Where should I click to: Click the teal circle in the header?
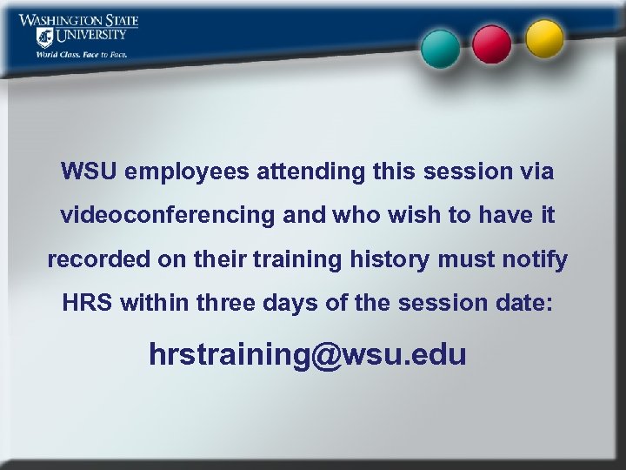point(441,48)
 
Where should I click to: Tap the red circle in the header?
point(492,42)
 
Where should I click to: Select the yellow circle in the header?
point(545,37)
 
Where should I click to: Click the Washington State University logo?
point(78,29)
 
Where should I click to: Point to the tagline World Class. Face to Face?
point(82,54)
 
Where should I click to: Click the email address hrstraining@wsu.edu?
point(308,354)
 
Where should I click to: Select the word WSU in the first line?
point(90,171)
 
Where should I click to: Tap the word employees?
point(187,171)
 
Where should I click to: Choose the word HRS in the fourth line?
point(89,305)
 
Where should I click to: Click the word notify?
point(536,260)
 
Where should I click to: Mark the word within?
point(156,305)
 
